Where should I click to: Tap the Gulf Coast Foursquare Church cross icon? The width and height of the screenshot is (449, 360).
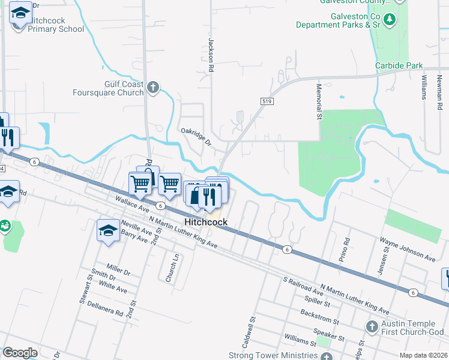point(153,88)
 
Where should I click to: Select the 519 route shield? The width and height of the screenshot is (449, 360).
point(264,103)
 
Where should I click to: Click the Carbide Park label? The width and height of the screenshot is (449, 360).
point(399,66)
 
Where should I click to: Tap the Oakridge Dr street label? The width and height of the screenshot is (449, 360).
point(196,136)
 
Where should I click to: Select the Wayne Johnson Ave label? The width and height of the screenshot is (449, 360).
point(407,248)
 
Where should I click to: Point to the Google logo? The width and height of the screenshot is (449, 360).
point(20,353)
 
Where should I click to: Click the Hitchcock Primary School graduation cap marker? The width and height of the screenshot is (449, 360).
point(20,13)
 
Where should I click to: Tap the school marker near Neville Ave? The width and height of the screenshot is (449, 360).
point(108,230)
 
